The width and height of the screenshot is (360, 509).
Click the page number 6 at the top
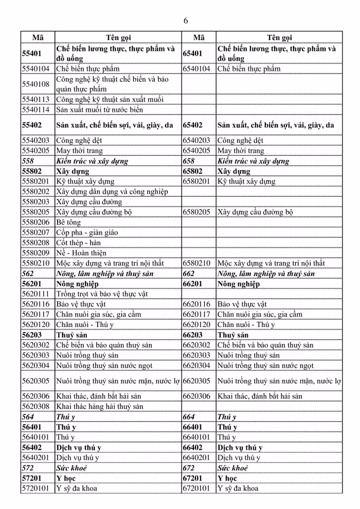pos(185,21)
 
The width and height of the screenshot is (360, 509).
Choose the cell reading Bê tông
pos(66,222)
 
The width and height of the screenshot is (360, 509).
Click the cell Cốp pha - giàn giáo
pos(87,232)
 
